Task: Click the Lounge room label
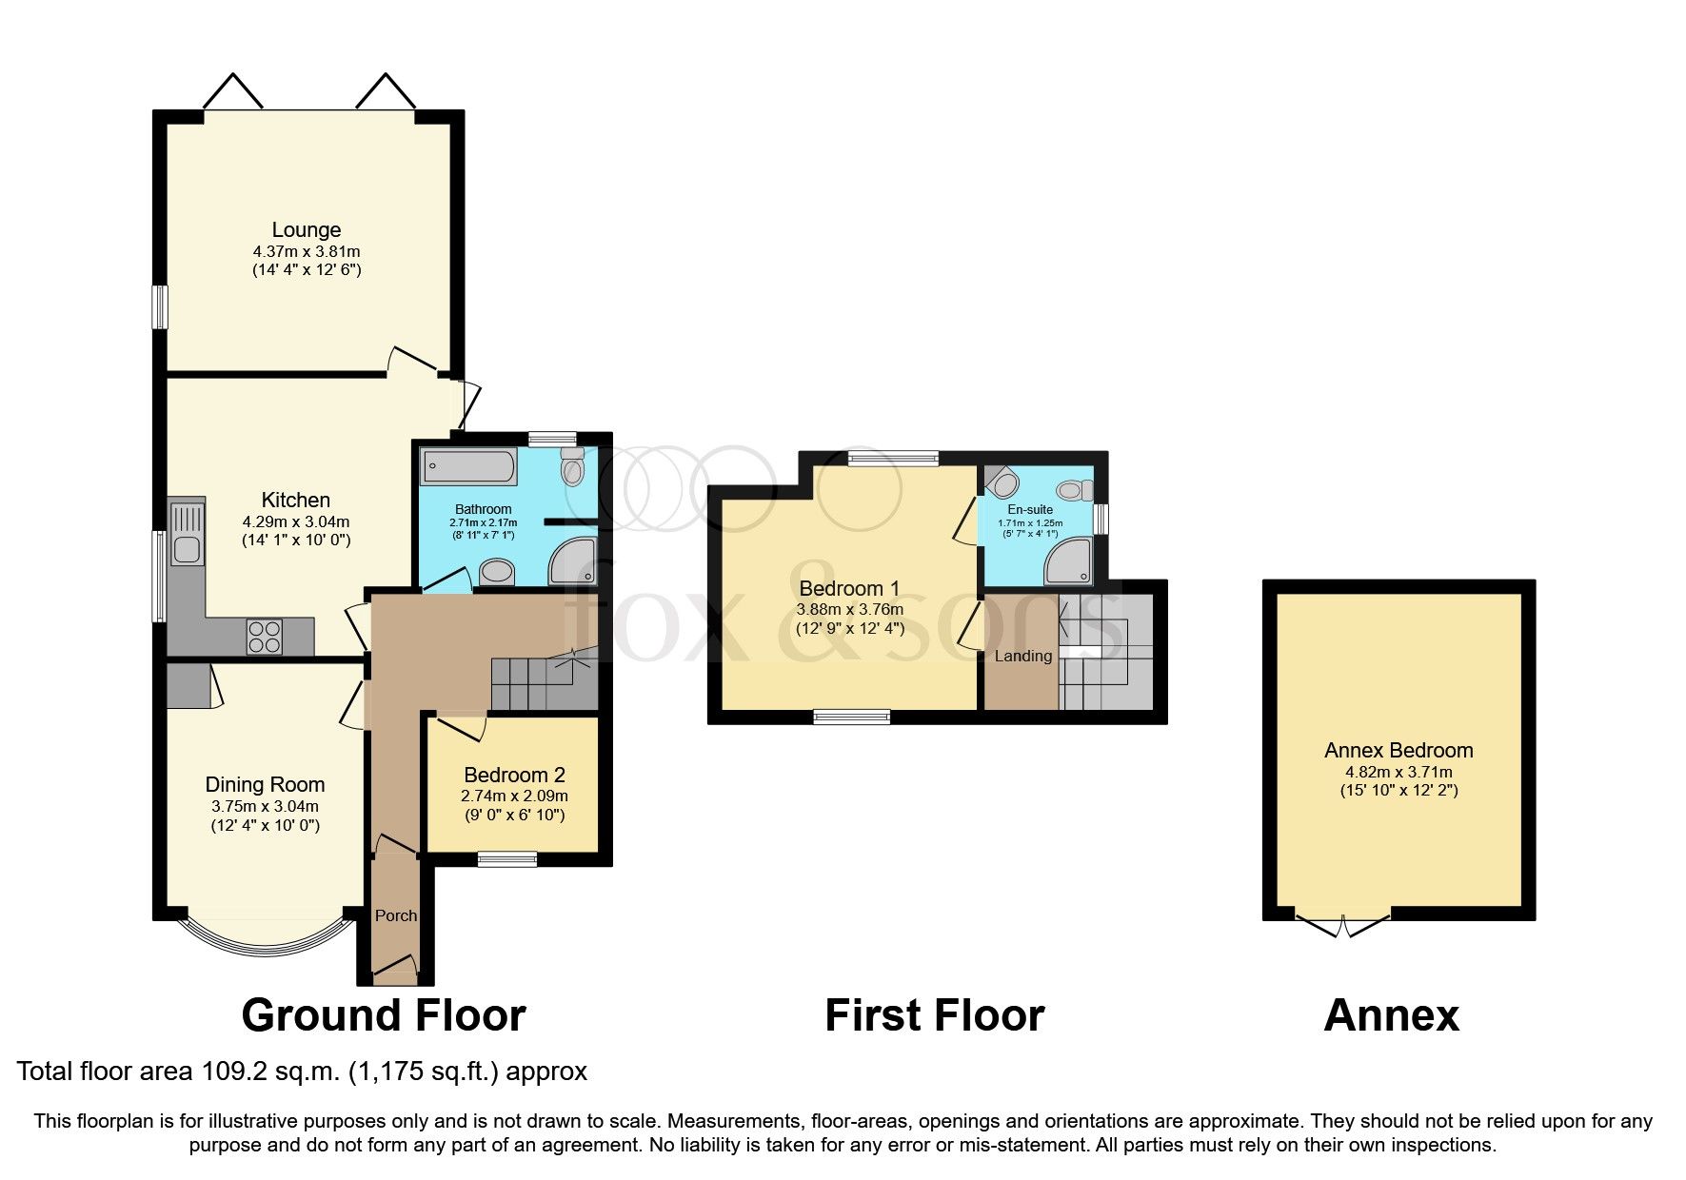[x=306, y=229]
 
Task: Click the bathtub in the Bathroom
[x=468, y=466]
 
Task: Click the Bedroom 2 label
[x=515, y=775]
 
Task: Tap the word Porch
[x=396, y=915]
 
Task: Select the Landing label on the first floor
[x=1023, y=656]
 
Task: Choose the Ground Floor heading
[x=384, y=1015]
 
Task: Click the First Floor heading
[x=934, y=1015]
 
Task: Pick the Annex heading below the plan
[x=1391, y=1015]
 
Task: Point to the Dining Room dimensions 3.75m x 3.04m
[x=265, y=806]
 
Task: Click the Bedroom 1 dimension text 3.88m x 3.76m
[x=850, y=609]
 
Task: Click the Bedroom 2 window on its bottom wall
[x=507, y=859]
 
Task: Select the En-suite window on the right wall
[x=1101, y=519]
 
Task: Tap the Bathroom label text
[x=483, y=509]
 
